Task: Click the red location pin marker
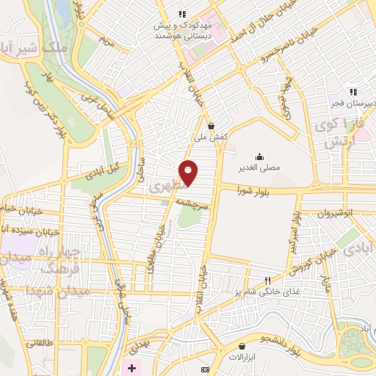(189, 172)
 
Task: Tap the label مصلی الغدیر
(259, 168)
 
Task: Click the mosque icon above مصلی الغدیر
(259, 156)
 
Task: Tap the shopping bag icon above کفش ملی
(211, 126)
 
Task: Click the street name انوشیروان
(336, 212)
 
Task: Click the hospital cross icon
(131, 367)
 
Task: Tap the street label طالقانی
(41, 343)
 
